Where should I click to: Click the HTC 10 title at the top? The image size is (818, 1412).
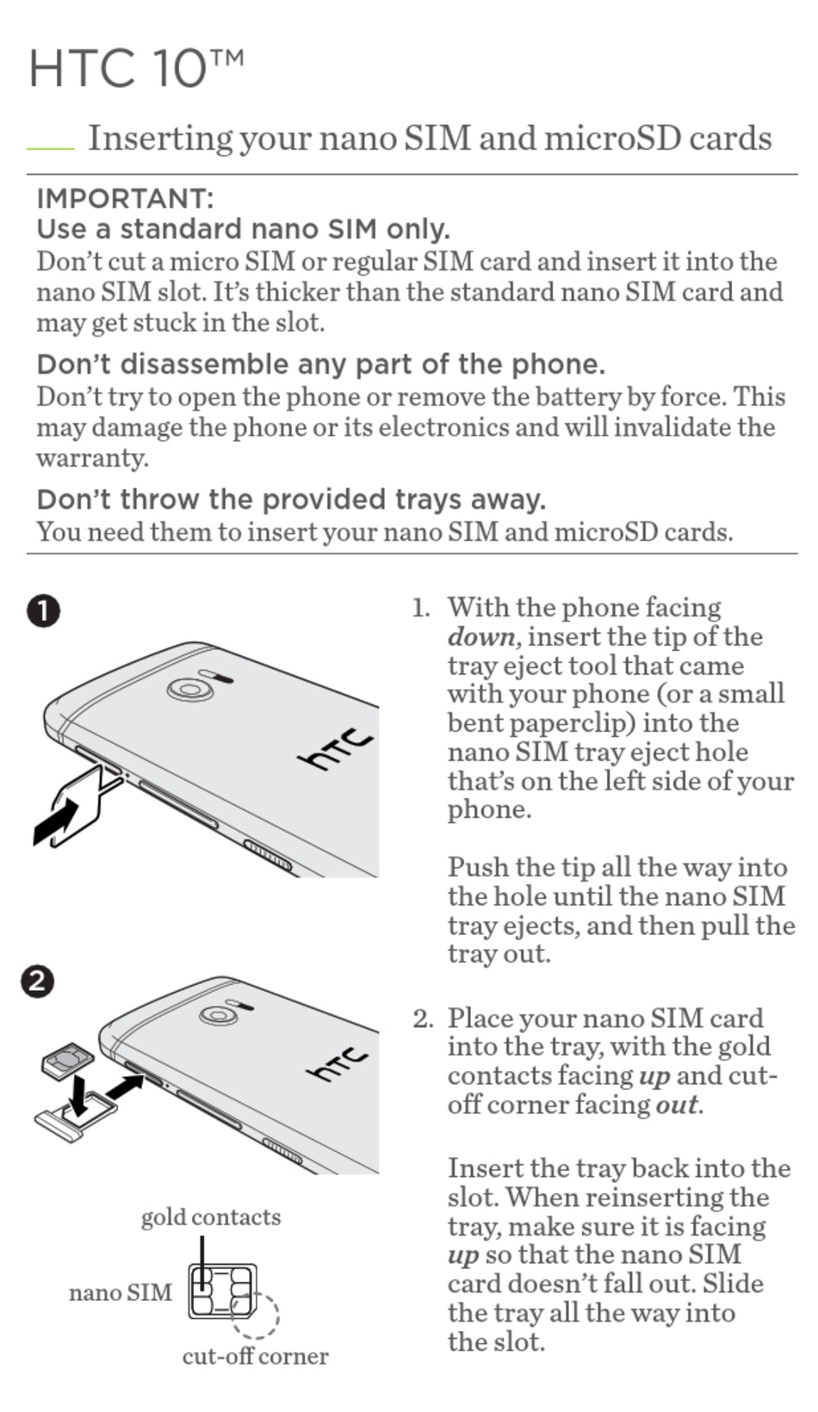[136, 68]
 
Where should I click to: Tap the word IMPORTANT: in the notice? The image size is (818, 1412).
[124, 198]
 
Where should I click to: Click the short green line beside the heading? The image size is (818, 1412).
[50, 148]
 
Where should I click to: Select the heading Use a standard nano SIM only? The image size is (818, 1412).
[243, 229]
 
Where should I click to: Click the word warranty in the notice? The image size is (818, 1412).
[91, 457]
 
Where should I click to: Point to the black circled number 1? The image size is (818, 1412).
[43, 611]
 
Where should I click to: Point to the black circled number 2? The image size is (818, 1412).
[38, 981]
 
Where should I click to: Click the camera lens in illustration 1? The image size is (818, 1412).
[189, 689]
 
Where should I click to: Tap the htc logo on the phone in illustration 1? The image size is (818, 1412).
[337, 748]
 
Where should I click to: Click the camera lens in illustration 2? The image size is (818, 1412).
[216, 1014]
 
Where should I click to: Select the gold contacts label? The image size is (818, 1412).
[211, 1217]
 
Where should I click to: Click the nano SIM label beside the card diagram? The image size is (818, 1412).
[121, 1292]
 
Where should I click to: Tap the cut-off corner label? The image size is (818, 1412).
[255, 1356]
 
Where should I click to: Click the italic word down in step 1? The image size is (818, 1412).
[482, 637]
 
